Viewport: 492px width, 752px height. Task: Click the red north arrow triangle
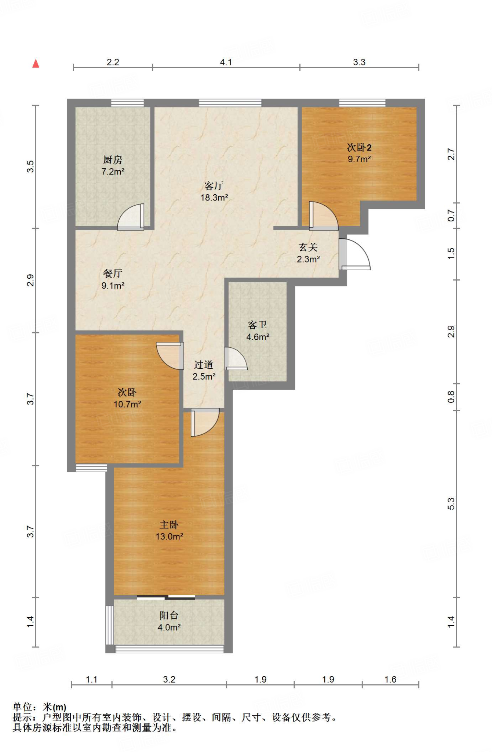pyautogui.click(x=36, y=64)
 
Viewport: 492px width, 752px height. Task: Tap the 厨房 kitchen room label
pyautogui.click(x=113, y=160)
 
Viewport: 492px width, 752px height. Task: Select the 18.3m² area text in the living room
pyautogui.click(x=214, y=198)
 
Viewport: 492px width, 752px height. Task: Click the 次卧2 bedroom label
pyautogui.click(x=359, y=148)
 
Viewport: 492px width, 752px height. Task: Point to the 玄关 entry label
pyautogui.click(x=308, y=247)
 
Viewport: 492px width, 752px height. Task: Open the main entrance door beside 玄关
pyautogui.click(x=354, y=254)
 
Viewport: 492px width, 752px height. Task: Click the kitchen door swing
pyautogui.click(x=131, y=217)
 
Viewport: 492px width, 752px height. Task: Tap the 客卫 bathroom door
pyautogui.click(x=236, y=358)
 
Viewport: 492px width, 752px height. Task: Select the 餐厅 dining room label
pyautogui.click(x=113, y=274)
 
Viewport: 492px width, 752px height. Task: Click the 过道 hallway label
pyautogui.click(x=204, y=365)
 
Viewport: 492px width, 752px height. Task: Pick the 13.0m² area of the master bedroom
pyautogui.click(x=169, y=536)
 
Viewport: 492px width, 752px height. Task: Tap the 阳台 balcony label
pyautogui.click(x=169, y=615)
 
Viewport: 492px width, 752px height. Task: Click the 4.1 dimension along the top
pyautogui.click(x=226, y=62)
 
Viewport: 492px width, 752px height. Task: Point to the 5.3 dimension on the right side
pyautogui.click(x=451, y=504)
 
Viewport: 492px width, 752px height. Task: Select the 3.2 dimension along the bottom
pyautogui.click(x=169, y=679)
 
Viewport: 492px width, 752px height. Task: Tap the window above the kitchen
pyautogui.click(x=127, y=103)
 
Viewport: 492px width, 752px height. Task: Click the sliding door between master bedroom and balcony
pyautogui.click(x=166, y=597)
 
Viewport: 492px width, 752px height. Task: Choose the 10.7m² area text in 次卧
pyautogui.click(x=127, y=404)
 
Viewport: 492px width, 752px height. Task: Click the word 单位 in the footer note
pyautogui.click(x=22, y=707)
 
